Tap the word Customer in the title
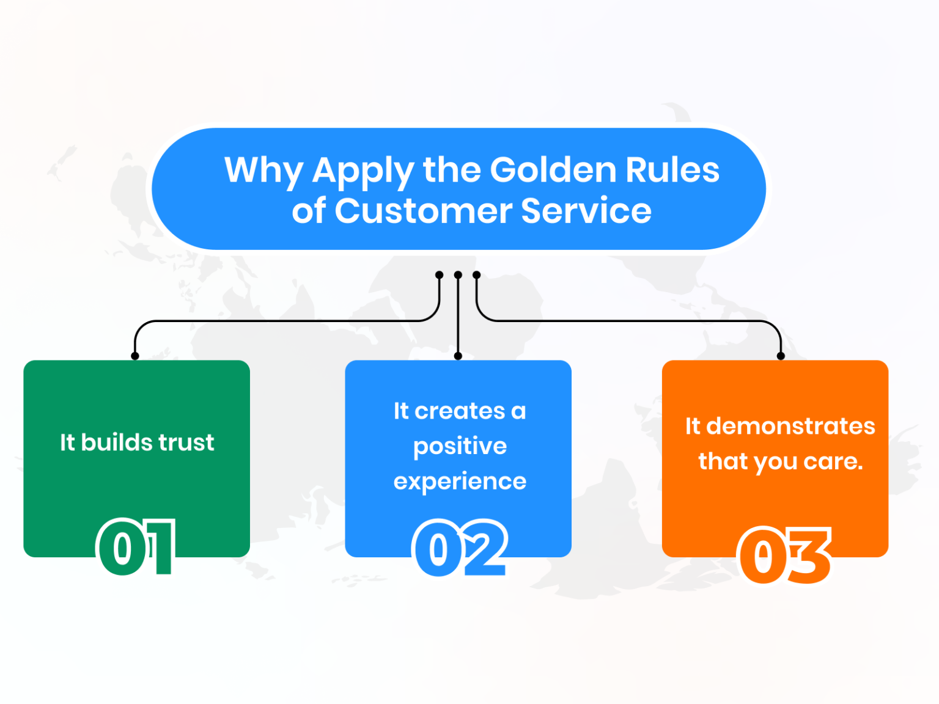[x=423, y=211]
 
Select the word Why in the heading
[x=263, y=170]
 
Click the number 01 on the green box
[x=136, y=548]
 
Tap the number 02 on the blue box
[x=460, y=548]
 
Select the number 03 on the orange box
[x=784, y=555]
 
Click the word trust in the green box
[x=186, y=442]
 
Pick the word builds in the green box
[x=116, y=442]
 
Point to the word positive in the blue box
[x=460, y=447]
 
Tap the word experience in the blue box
[x=460, y=482]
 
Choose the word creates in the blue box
[x=460, y=411]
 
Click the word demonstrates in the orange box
[x=790, y=426]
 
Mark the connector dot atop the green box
[x=135, y=356]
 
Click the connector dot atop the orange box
[x=781, y=356]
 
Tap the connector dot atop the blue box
[x=458, y=356]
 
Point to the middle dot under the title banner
[x=458, y=275]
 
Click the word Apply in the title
[x=363, y=170]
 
